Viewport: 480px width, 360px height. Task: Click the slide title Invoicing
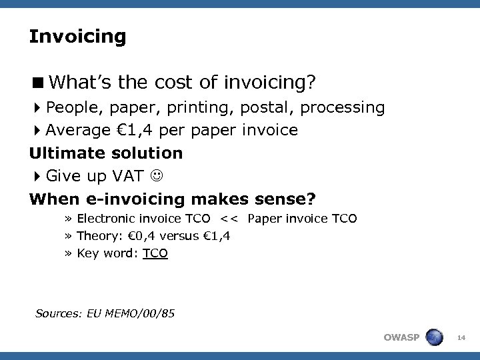tap(77, 37)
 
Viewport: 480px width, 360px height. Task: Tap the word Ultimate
tap(65, 153)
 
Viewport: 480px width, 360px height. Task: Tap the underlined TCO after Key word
tap(155, 253)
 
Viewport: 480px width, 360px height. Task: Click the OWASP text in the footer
tap(401, 337)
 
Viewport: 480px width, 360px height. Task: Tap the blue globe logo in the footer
tap(433, 337)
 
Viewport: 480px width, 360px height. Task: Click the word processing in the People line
tap(350, 107)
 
